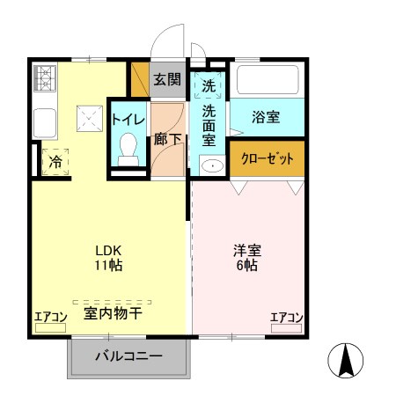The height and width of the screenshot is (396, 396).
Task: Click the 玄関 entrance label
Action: coord(167,79)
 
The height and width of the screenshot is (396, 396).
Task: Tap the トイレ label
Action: coord(128,119)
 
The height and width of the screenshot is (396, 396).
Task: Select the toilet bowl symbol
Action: coord(128,146)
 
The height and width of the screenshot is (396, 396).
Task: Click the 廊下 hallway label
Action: coord(167,139)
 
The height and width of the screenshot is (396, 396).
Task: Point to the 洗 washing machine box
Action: coord(209,85)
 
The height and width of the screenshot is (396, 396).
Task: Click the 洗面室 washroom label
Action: coord(209,127)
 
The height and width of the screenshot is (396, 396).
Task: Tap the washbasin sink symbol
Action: coord(210,165)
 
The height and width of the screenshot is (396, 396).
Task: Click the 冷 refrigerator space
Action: coord(55,161)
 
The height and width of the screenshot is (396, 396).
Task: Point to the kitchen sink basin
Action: coord(44,122)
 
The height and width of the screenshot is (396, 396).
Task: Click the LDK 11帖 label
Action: coord(108,256)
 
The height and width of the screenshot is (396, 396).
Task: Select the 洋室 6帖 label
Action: coord(247,256)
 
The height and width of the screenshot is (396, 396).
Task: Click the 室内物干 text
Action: coord(114,312)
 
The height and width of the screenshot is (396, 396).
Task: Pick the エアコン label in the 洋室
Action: coord(287,317)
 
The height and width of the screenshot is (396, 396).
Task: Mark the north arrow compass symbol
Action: coord(346,360)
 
